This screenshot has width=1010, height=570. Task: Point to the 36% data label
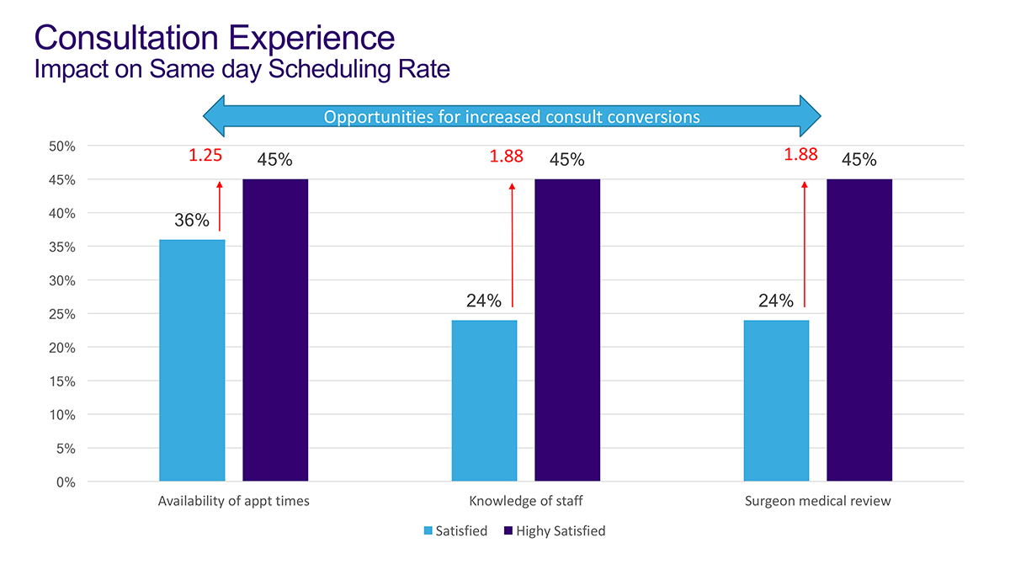pos(192,221)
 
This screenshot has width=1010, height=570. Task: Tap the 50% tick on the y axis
pos(62,146)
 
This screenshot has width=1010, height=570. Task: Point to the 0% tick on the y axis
pos(66,482)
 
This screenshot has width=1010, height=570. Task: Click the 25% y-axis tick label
pos(62,314)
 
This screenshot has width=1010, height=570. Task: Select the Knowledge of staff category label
pos(525,501)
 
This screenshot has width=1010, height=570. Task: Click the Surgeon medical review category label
pos(817,501)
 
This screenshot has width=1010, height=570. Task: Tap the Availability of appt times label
pos(234,501)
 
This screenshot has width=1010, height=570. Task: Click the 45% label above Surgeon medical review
pos(858,159)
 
